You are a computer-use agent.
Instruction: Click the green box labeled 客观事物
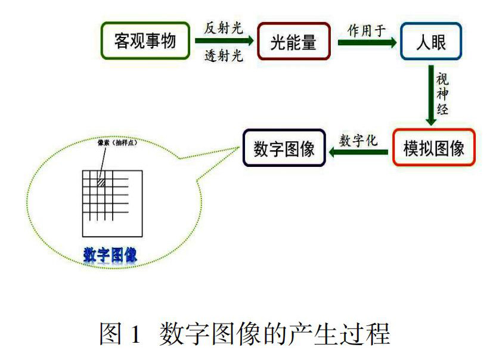click(145, 42)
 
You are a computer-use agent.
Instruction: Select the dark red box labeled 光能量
click(293, 42)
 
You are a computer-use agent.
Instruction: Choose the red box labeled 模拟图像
click(433, 147)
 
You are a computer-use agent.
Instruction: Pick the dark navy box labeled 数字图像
click(284, 147)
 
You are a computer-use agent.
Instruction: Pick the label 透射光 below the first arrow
click(224, 57)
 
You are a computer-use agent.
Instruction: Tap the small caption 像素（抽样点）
click(114, 143)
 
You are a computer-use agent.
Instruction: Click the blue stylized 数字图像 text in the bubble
click(110, 255)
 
